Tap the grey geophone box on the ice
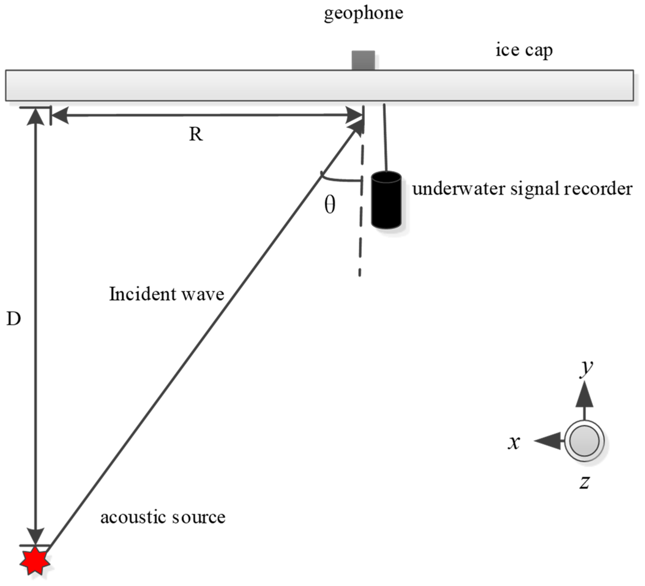(363, 60)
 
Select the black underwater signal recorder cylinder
(386, 200)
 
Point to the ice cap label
(524, 51)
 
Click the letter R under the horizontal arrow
(196, 134)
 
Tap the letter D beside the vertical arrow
(14, 319)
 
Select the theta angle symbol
(330, 205)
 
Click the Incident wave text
(166, 294)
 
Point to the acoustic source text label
(163, 517)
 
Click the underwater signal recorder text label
(522, 189)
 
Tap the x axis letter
(514, 443)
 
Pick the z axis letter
(584, 482)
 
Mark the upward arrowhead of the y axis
(584, 395)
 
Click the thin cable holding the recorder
(385, 138)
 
